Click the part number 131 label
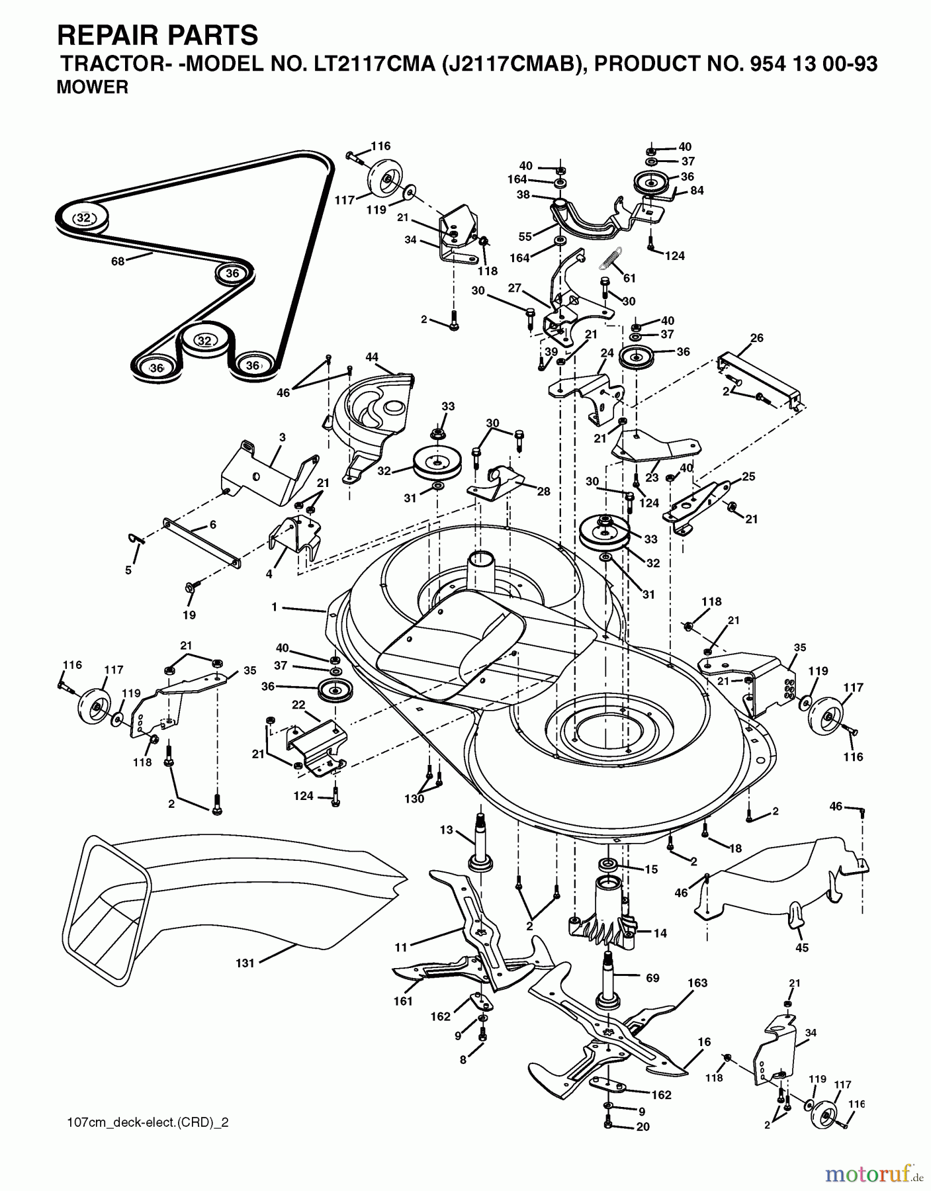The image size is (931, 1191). pyautogui.click(x=245, y=963)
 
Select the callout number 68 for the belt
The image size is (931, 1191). pyautogui.click(x=118, y=261)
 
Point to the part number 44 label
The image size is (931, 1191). pyautogui.click(x=372, y=357)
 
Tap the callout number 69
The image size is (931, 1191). pyautogui.click(x=652, y=977)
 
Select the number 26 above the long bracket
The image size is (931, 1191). pyautogui.click(x=757, y=338)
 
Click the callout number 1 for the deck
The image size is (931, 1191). pyautogui.click(x=274, y=606)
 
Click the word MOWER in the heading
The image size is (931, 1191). pyautogui.click(x=92, y=87)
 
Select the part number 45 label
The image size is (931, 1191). pyautogui.click(x=801, y=948)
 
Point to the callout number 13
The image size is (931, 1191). pyautogui.click(x=446, y=830)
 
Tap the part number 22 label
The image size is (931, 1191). pyautogui.click(x=298, y=705)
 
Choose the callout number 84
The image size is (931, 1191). pyautogui.click(x=696, y=191)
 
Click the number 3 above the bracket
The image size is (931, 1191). pyautogui.click(x=283, y=437)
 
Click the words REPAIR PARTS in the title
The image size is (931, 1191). pyautogui.click(x=157, y=34)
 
